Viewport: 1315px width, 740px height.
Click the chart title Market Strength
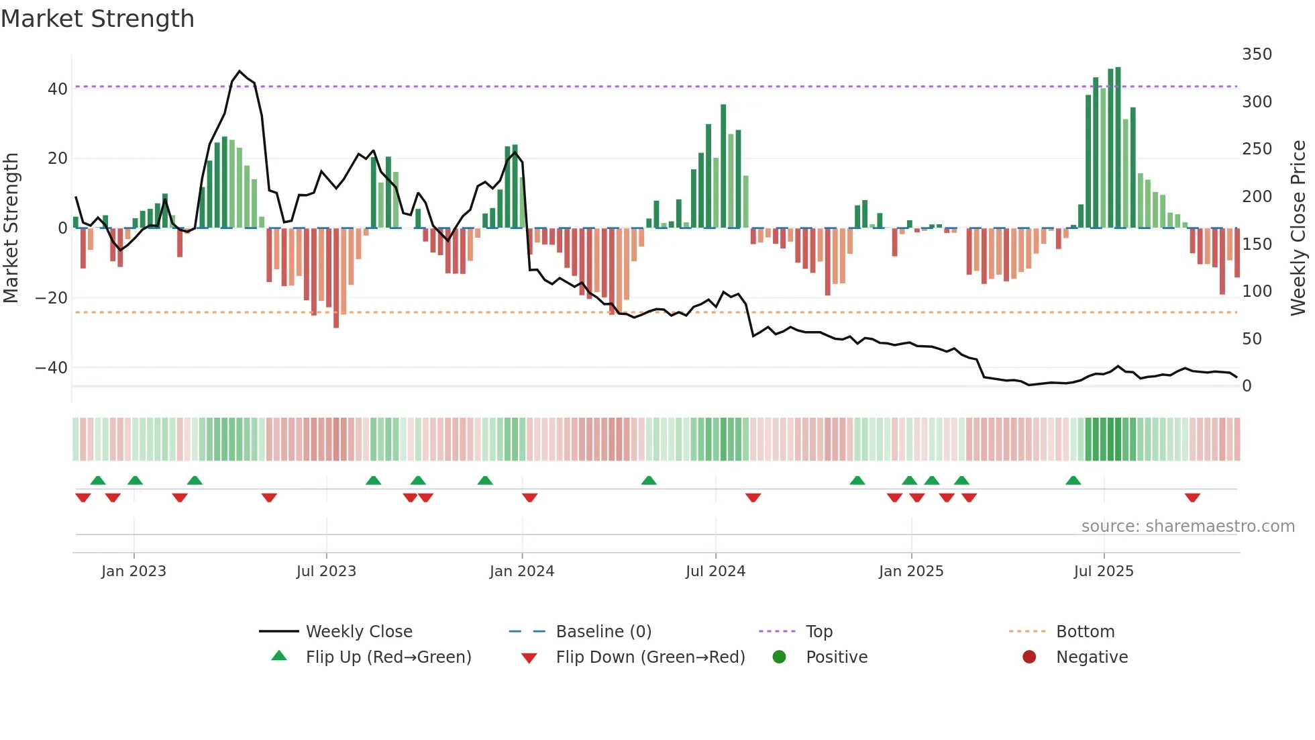(97, 19)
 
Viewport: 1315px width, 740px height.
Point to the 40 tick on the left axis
(57, 89)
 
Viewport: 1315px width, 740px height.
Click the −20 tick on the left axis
(52, 297)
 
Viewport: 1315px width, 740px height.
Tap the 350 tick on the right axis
(1257, 54)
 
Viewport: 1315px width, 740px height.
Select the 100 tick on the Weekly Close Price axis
(1257, 291)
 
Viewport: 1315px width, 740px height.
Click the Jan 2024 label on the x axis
(521, 571)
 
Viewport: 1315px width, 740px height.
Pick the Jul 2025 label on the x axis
(1103, 571)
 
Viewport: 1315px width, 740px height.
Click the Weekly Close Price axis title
(1298, 228)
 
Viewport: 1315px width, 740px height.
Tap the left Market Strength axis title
(11, 228)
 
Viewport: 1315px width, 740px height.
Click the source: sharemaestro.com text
(1188, 526)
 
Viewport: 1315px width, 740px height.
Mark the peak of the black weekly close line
(240, 71)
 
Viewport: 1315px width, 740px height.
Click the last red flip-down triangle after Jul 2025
(1192, 498)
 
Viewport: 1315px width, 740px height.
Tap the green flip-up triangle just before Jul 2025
(1073, 480)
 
